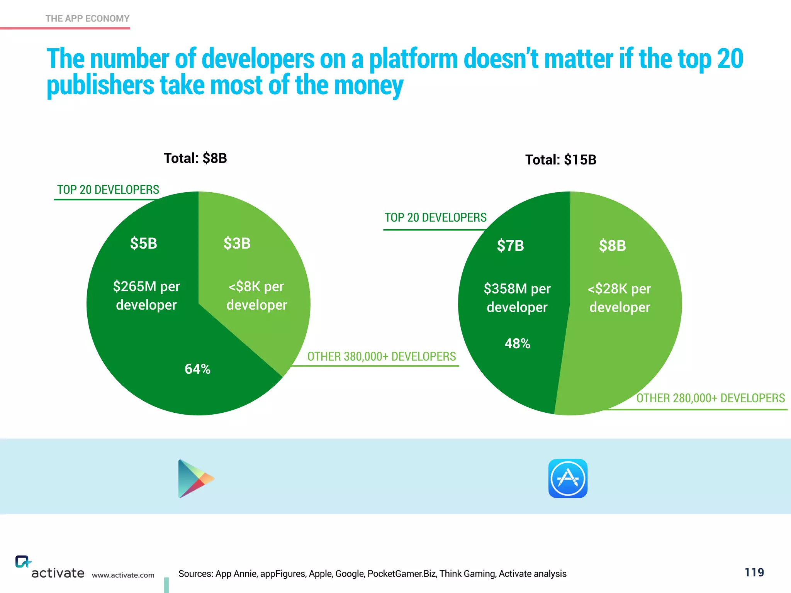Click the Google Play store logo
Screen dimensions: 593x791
coord(195,478)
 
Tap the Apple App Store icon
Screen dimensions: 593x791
coord(568,478)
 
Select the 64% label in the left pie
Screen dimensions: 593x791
coord(197,369)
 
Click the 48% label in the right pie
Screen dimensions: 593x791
coord(517,343)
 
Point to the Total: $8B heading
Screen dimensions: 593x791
coord(195,158)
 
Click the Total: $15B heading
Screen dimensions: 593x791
coord(560,160)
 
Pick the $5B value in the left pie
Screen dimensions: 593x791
coord(143,244)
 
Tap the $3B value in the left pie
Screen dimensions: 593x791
coord(237,244)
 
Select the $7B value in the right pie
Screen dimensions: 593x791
coord(510,246)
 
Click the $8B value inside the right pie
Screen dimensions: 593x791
coord(612,246)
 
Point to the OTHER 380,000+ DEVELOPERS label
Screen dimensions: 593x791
coord(381,356)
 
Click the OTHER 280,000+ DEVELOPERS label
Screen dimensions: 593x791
coord(710,398)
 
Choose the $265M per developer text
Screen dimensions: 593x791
coord(146,295)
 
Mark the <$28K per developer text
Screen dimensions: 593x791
coord(620,298)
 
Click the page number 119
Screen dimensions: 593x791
coord(754,572)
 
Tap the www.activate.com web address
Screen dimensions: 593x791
coord(123,575)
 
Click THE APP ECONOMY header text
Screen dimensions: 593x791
coord(87,19)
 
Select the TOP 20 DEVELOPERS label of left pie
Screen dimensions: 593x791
coord(108,190)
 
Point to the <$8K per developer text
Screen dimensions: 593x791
coord(256,295)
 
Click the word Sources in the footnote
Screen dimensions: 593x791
coord(195,574)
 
